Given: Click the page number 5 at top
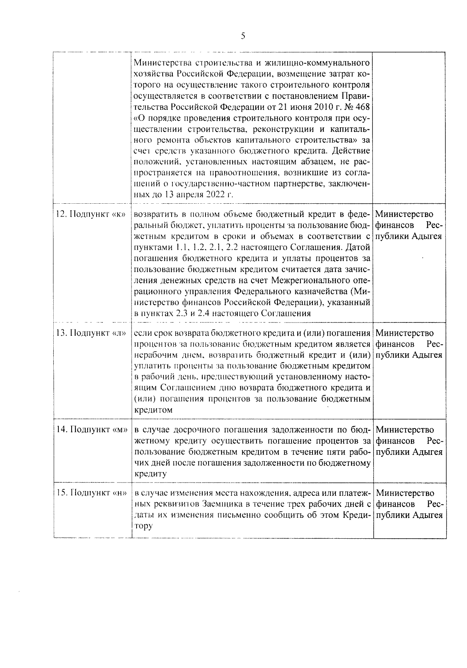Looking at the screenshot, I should click(243, 36).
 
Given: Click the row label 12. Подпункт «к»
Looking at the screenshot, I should click(92, 215).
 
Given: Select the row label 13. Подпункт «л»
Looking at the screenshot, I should click(92, 333).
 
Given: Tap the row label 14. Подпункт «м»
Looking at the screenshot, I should click(92, 430).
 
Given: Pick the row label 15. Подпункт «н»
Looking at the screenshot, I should click(92, 493).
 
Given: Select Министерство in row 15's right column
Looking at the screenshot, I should click(405, 493).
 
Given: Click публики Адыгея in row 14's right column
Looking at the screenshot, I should click(409, 452).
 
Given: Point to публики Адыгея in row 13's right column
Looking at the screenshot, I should click(409, 355).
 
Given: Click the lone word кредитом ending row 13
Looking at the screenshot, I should click(153, 410).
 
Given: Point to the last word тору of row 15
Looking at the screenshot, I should click(143, 526).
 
